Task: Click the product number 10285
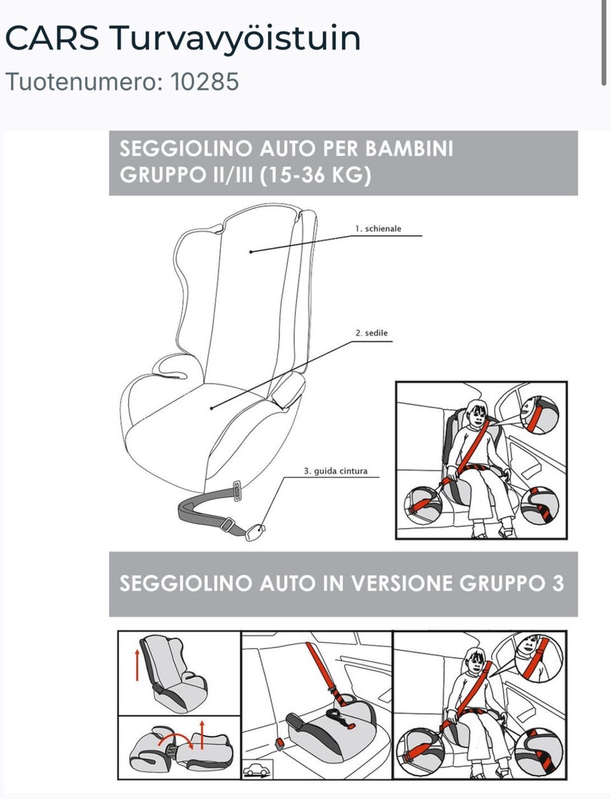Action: point(204,81)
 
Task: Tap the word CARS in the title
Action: point(52,38)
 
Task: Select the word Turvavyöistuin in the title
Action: point(235,39)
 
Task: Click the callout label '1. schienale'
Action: point(378,229)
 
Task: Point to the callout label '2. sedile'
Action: point(372,333)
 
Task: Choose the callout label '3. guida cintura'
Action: point(335,471)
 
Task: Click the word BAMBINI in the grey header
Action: point(409,148)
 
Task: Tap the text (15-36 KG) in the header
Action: point(315,175)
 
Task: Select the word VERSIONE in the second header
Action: point(402,584)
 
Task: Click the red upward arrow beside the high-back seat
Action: point(137,665)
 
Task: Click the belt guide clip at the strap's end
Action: point(255,532)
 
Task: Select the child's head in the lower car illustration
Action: point(475,661)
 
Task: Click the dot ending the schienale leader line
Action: point(251,252)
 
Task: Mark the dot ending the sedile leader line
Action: point(211,409)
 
